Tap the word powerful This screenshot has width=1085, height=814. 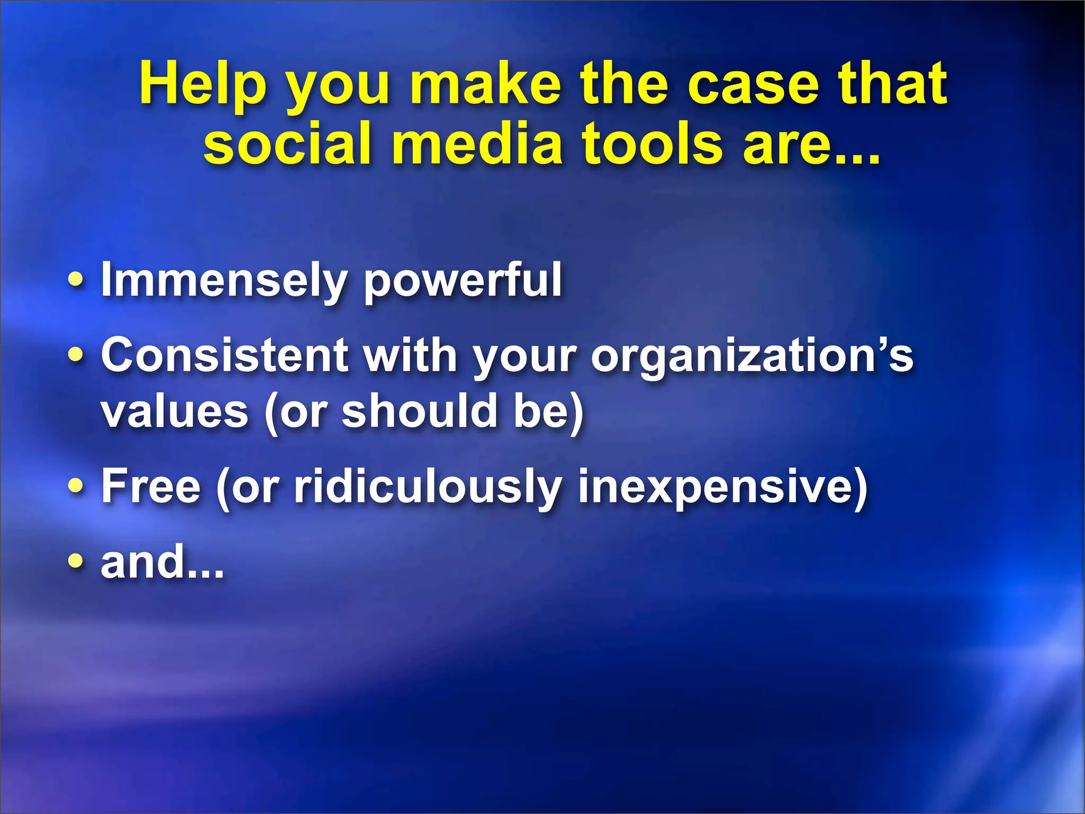tap(463, 281)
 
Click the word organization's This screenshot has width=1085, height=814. tap(752, 356)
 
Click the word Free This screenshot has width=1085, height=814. tap(151, 486)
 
